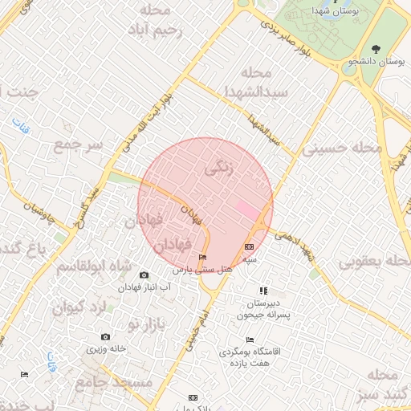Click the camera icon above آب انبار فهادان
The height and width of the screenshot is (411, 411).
coord(144,275)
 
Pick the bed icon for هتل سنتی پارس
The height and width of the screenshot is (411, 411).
coord(201,258)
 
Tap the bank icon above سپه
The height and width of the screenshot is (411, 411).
coord(249,247)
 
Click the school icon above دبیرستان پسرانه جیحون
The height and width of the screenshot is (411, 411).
coord(262,291)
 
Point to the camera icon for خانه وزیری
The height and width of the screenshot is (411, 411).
coord(105,337)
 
